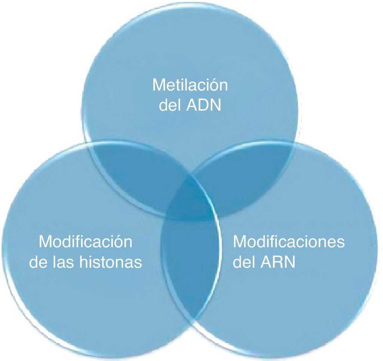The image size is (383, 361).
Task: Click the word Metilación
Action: coord(190,85)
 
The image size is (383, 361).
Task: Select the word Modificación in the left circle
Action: coord(86,242)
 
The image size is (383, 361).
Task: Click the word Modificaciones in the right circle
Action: coord(288,242)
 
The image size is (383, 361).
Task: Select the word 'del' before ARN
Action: coord(245,262)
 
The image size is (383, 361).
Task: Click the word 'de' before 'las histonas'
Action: coord(39,262)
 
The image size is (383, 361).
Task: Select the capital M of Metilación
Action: coord(158,85)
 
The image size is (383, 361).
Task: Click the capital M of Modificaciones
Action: coord(240,242)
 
